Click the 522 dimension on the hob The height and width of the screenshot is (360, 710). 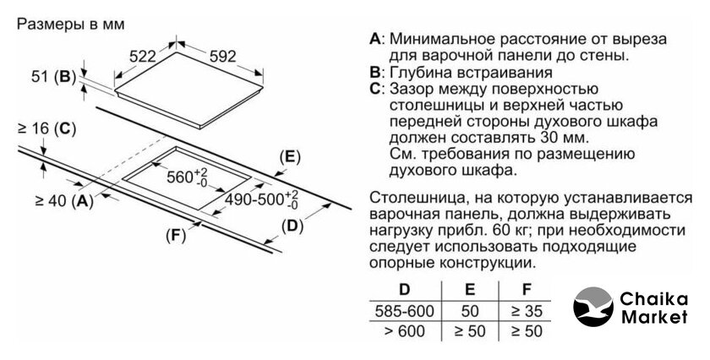click(x=142, y=57)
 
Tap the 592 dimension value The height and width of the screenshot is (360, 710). click(x=223, y=57)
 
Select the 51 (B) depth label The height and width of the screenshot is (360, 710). click(x=53, y=77)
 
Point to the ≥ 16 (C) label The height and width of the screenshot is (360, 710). click(x=46, y=129)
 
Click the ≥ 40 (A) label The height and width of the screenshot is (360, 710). click(x=64, y=200)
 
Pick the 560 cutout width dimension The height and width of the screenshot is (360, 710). click(x=187, y=177)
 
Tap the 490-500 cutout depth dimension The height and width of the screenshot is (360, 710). click(x=262, y=200)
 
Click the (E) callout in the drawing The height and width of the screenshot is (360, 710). click(x=290, y=157)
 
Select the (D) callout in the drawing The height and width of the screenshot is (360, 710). click(x=292, y=226)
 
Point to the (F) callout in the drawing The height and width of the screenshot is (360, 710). click(x=176, y=235)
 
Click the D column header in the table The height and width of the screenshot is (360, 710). click(x=404, y=290)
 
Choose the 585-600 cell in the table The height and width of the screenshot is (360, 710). click(x=404, y=311)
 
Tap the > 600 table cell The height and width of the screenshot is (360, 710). click(x=404, y=331)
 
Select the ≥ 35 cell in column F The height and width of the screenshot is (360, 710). click(x=527, y=311)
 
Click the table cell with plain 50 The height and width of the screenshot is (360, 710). click(x=470, y=311)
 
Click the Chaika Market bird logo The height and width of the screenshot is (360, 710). click(x=593, y=307)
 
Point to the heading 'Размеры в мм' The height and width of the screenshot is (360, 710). click(x=71, y=25)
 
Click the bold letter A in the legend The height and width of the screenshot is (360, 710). click(x=375, y=39)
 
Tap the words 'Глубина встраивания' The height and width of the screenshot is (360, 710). click(x=472, y=73)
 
